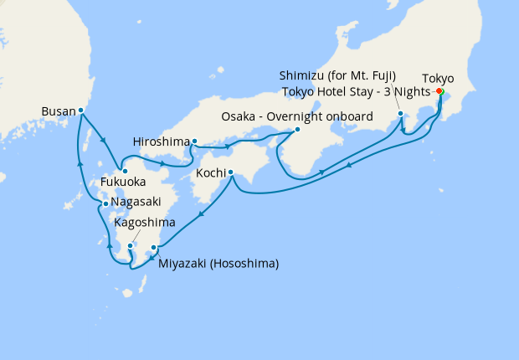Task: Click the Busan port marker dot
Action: click(x=81, y=110)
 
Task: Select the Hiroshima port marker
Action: click(x=194, y=141)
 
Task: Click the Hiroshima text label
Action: click(x=161, y=141)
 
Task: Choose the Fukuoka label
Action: click(x=123, y=180)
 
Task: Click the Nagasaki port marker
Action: click(x=104, y=203)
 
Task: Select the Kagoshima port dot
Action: click(x=131, y=245)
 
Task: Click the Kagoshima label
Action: click(x=145, y=223)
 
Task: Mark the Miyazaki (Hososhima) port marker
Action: click(x=153, y=247)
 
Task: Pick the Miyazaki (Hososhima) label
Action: click(x=218, y=264)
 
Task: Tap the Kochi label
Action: click(x=210, y=173)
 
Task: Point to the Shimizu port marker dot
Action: click(x=401, y=113)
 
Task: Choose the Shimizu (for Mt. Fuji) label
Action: click(x=337, y=75)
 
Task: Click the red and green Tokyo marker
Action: click(x=439, y=91)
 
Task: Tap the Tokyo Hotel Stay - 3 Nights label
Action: click(x=356, y=91)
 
